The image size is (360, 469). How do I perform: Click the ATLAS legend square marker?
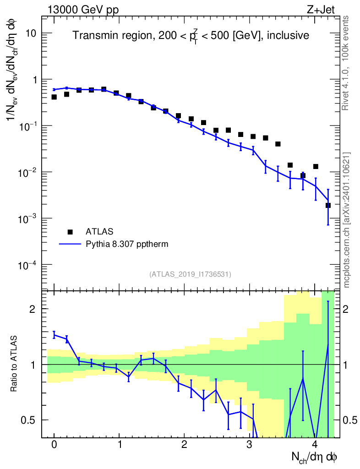(x=70, y=231)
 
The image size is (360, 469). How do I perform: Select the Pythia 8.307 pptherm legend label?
(x=127, y=244)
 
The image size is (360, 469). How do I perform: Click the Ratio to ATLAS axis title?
(x=15, y=364)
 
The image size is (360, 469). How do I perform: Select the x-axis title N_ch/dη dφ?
(x=315, y=457)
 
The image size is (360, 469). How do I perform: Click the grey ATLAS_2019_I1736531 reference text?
(x=190, y=274)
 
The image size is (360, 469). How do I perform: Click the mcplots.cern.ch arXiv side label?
(x=347, y=220)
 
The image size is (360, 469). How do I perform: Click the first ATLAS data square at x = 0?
(x=54, y=97)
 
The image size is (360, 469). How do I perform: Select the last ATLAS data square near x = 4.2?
(x=328, y=205)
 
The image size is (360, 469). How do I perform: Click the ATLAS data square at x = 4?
(x=315, y=166)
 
